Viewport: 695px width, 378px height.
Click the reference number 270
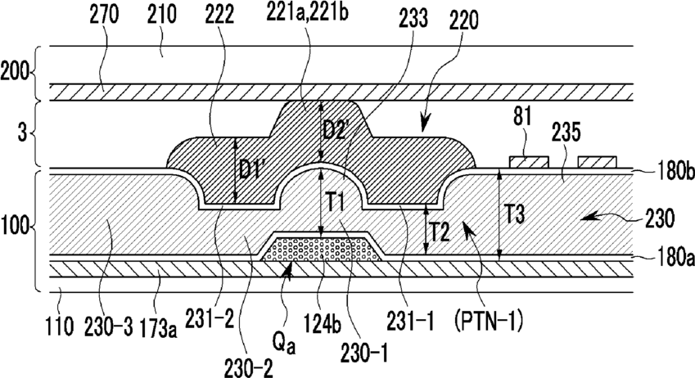point(104,15)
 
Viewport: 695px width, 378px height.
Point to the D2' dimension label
point(335,130)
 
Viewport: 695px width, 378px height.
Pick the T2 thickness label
point(440,232)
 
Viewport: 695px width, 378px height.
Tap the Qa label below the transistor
point(284,343)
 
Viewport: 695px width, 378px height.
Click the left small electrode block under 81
point(529,162)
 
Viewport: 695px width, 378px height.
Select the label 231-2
point(210,321)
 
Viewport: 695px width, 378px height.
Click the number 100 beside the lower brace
point(16,227)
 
